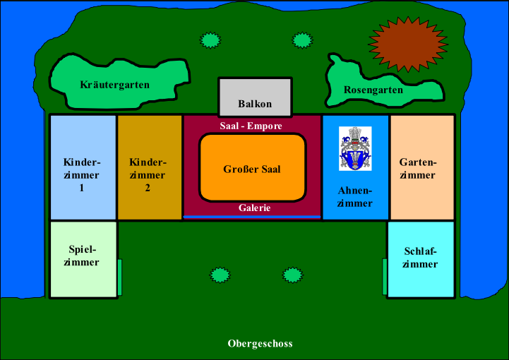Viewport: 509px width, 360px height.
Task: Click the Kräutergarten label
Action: pyautogui.click(x=114, y=85)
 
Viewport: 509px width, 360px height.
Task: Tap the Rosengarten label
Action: pyautogui.click(x=373, y=90)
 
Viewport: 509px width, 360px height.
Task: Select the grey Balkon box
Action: pyautogui.click(x=255, y=97)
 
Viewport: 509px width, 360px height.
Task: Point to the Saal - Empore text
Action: pyautogui.click(x=251, y=126)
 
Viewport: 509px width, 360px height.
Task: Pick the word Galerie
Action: pyautogui.click(x=254, y=208)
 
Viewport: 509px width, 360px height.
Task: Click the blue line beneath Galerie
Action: pyautogui.click(x=252, y=217)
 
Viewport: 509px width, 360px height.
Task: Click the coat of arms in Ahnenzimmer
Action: pyautogui.click(x=354, y=148)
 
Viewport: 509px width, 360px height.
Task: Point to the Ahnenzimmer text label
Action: pyautogui.click(x=354, y=197)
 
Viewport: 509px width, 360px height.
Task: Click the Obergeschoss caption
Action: pyautogui.click(x=260, y=344)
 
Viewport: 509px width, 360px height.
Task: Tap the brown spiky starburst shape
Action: pyautogui.click(x=408, y=46)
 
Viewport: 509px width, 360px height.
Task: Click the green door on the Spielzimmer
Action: pyautogui.click(x=120, y=277)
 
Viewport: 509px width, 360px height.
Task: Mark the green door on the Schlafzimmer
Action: pyautogui.click(x=385, y=277)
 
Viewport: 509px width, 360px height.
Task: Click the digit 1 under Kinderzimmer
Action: pyautogui.click(x=82, y=188)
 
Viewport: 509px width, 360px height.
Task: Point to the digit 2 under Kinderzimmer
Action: pyautogui.click(x=148, y=188)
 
